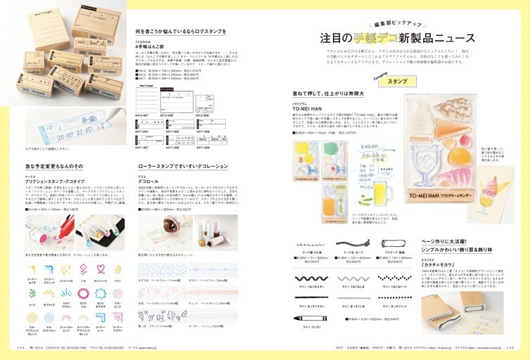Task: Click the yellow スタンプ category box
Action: [x=397, y=82]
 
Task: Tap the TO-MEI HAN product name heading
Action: [x=309, y=109]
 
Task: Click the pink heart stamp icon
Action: [x=98, y=269]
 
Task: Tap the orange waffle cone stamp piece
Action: [x=448, y=130]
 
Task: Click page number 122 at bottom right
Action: [x=520, y=347]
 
